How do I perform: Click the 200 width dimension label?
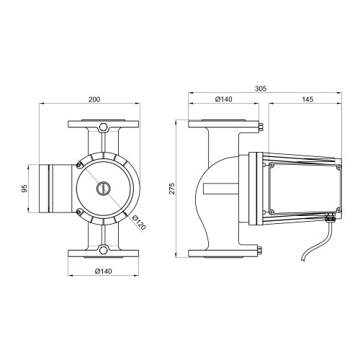pyautogui.click(x=94, y=99)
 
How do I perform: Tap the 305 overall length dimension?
pyautogui.click(x=261, y=89)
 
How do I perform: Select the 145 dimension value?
pyautogui.click(x=307, y=99)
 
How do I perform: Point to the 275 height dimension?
pyautogui.click(x=172, y=189)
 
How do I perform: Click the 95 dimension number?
pyautogui.click(x=24, y=189)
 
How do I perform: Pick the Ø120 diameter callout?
pyautogui.click(x=139, y=222)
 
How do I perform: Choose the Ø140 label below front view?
pyautogui.click(x=104, y=271)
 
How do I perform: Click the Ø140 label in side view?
pyautogui.click(x=224, y=99)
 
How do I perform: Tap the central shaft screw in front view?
pyautogui.click(x=104, y=189)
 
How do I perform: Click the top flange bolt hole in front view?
pyautogui.click(x=104, y=127)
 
